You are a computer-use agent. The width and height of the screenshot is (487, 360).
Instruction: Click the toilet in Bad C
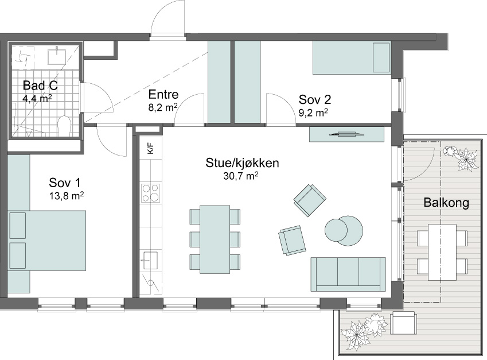coord(65,126)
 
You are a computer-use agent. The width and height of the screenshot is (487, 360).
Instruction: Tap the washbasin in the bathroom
coord(57,56)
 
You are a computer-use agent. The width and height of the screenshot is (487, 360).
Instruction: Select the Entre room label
coord(163,94)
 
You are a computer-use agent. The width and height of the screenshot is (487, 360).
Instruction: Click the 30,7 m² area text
coord(241,176)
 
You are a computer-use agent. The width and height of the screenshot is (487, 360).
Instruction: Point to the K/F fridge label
coord(151,149)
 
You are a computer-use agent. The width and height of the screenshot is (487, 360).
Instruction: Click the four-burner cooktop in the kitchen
coord(151,193)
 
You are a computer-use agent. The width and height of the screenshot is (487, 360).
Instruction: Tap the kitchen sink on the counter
coord(150,260)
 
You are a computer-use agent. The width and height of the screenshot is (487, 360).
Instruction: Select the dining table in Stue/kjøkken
coord(215,239)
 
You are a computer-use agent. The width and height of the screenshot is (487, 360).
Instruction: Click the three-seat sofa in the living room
coord(348,274)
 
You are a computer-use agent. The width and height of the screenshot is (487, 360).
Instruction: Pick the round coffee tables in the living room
coord(344,231)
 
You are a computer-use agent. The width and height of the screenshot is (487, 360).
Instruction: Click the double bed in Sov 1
coord(47,241)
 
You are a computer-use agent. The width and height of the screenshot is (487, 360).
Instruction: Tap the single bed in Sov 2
coord(352,57)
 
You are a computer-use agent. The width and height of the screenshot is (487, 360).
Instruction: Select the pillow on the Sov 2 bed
coord(381,57)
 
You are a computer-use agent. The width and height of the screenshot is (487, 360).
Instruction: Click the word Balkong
coord(446,203)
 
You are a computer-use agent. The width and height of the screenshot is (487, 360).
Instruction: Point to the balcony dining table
coord(442,252)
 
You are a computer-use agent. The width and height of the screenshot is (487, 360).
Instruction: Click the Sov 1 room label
coord(65,183)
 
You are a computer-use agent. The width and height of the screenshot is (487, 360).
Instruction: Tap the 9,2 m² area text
coord(313,113)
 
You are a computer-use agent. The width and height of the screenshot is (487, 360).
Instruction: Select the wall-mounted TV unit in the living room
coord(347,134)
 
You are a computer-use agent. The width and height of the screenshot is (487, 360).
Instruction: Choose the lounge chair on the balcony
coord(404,323)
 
